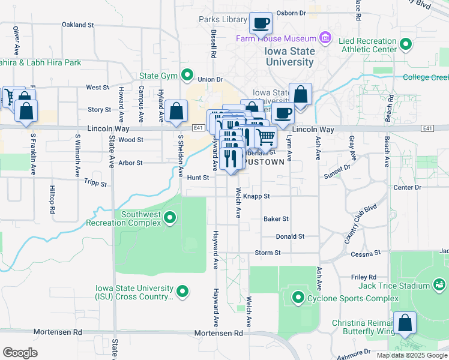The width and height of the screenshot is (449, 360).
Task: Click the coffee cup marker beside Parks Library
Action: coord(260,24)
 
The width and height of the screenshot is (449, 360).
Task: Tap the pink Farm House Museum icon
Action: coord(325,39)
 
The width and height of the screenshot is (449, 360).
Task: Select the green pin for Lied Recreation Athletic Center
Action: coord(406,44)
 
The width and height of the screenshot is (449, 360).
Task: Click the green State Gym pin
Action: coord(188,76)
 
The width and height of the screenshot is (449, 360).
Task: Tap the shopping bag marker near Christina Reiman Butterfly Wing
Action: coord(405,322)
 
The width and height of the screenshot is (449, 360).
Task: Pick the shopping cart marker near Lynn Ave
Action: coord(265,137)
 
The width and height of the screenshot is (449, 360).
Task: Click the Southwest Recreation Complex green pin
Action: coord(170,217)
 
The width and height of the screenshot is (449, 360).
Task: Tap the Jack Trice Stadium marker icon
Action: coord(438,284)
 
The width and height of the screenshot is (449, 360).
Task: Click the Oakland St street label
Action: coord(78,25)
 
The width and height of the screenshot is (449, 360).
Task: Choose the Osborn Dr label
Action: coord(292,13)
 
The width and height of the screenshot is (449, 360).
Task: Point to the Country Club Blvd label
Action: coord(360,224)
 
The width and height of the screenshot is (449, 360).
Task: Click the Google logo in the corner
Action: coord(20,352)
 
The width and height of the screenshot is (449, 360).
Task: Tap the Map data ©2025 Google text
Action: coord(412,355)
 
